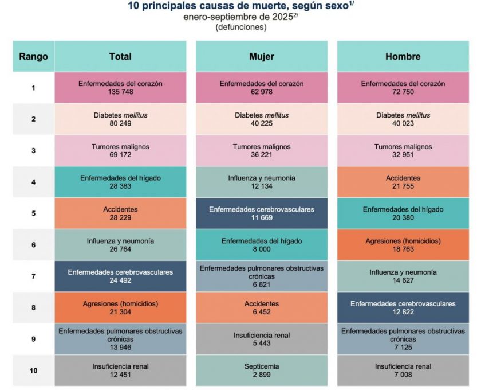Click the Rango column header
pos(33,56)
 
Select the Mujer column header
pos(261,56)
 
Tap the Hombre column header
pos(403,56)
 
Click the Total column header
pos(120,56)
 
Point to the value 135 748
pos(120,92)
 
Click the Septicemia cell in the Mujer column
pos(261,370)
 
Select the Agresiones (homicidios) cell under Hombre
pos(403,245)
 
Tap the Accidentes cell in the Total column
pos(120,213)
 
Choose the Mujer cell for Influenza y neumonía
pos(261,182)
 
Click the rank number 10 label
pos(33,370)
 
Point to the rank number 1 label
pos(33,88)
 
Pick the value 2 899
pos(261,375)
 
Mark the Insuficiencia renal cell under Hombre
pos(403,370)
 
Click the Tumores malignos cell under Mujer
pos(261,150)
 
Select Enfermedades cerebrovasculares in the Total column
pos(120,276)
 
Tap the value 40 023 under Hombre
pos(403,123)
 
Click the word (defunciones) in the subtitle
pos(240,27)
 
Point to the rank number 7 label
pos(33,276)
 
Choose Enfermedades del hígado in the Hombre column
pos(403,213)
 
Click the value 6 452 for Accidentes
pos(261,312)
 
